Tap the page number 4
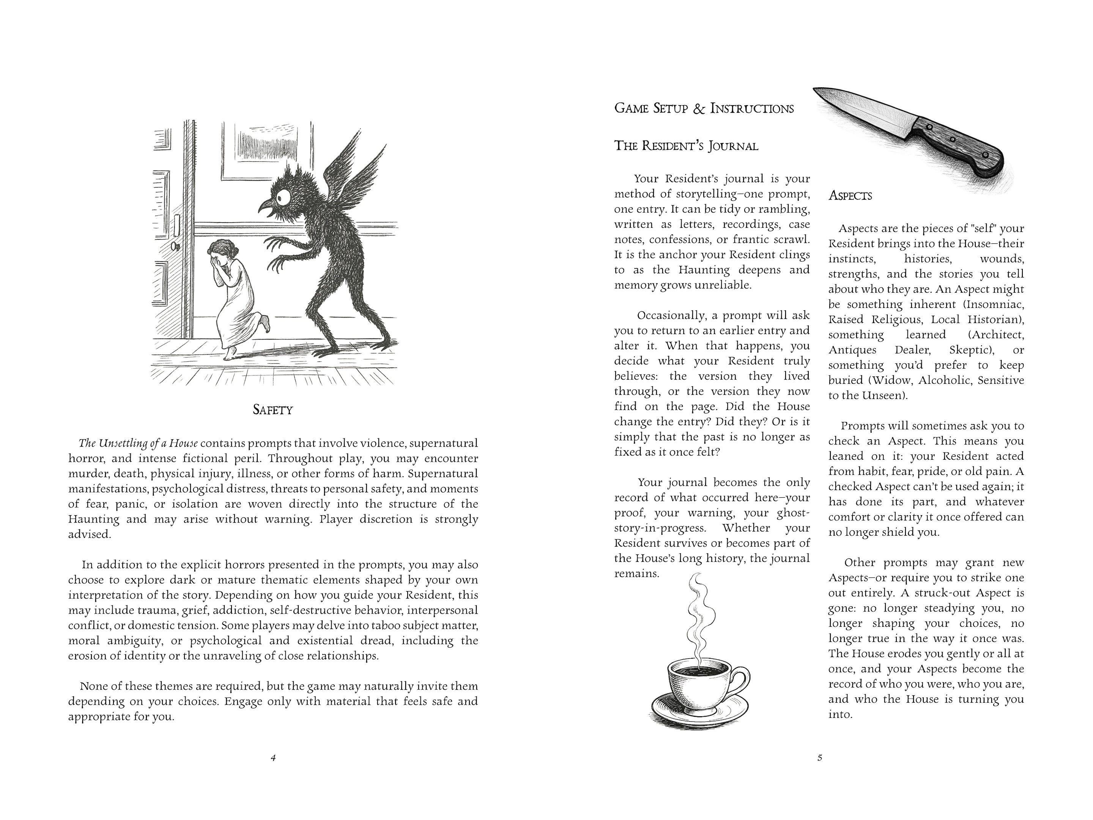[x=273, y=758]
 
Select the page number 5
[x=819, y=758]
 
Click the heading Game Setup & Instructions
[x=704, y=109]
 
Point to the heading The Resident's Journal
[x=686, y=146]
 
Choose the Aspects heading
[x=850, y=196]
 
